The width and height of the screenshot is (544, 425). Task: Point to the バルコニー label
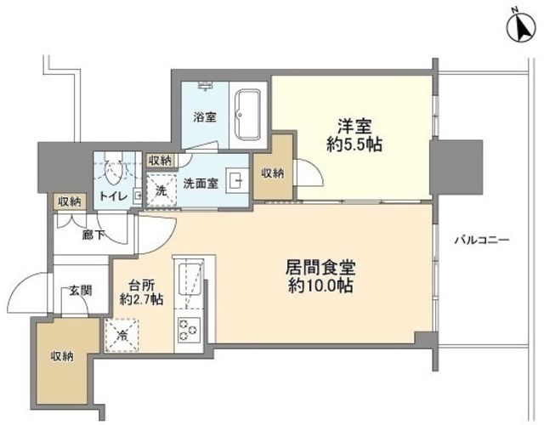481,241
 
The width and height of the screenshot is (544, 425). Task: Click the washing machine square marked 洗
160,190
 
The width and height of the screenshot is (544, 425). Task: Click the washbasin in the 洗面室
237,180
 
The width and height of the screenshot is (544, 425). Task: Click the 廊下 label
93,235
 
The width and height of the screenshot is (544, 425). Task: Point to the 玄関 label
81,289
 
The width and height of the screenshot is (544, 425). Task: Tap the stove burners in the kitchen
186,329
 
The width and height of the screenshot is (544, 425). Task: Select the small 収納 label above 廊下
70,201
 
